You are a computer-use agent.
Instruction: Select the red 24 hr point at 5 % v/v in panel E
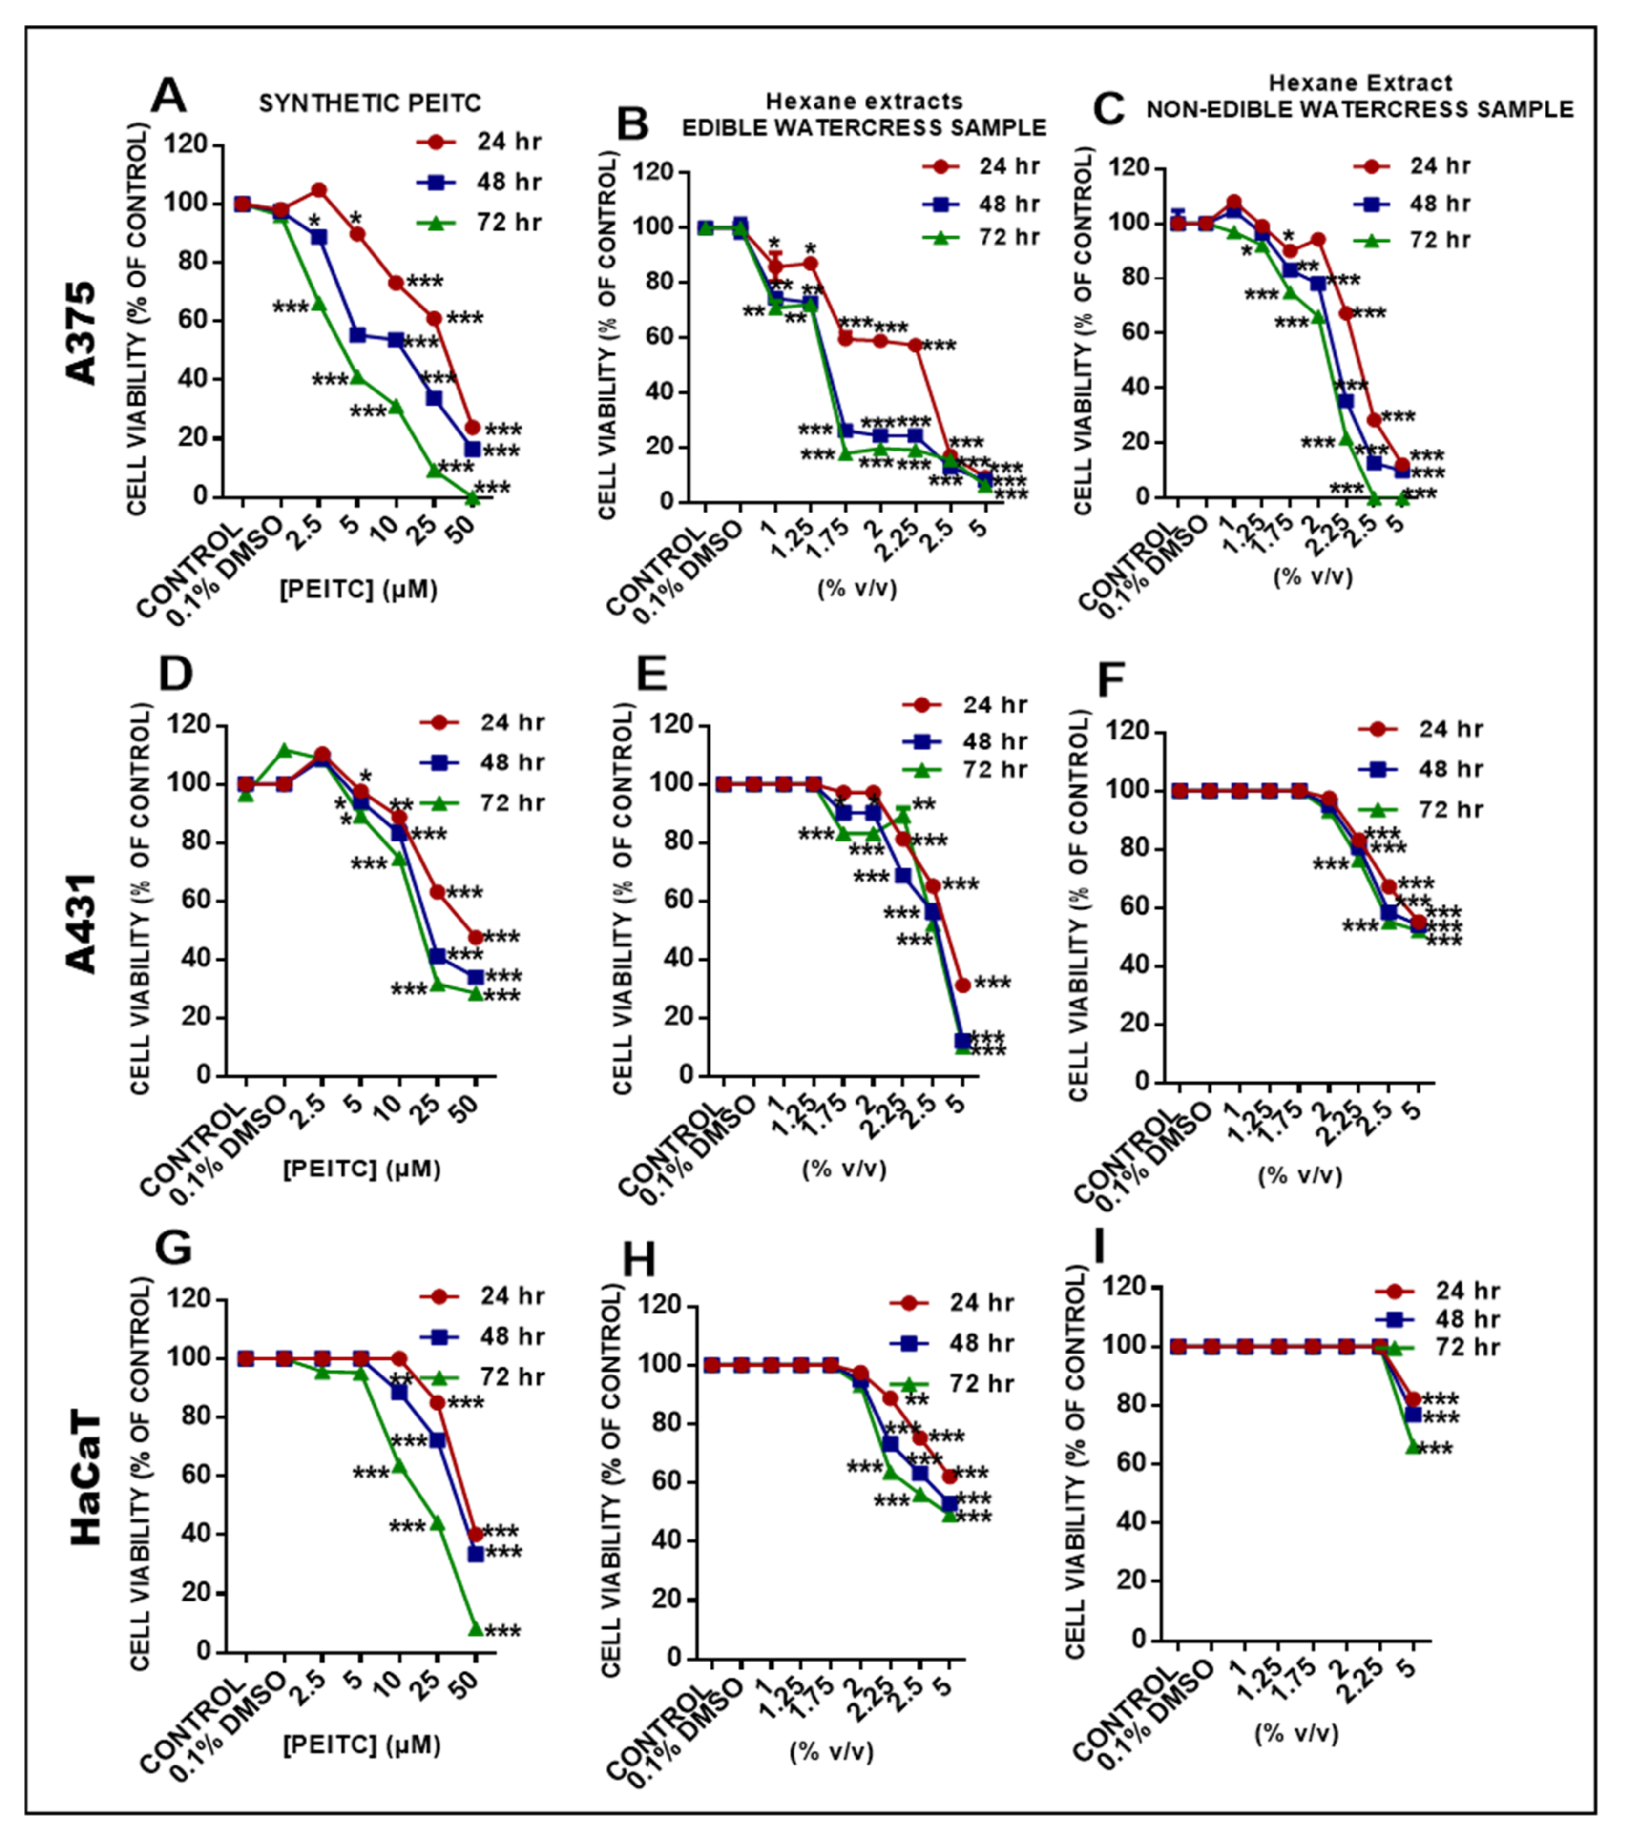coord(963,985)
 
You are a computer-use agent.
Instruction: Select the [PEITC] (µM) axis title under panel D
coord(362,1170)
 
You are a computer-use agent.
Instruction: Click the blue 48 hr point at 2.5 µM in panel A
coord(318,237)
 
